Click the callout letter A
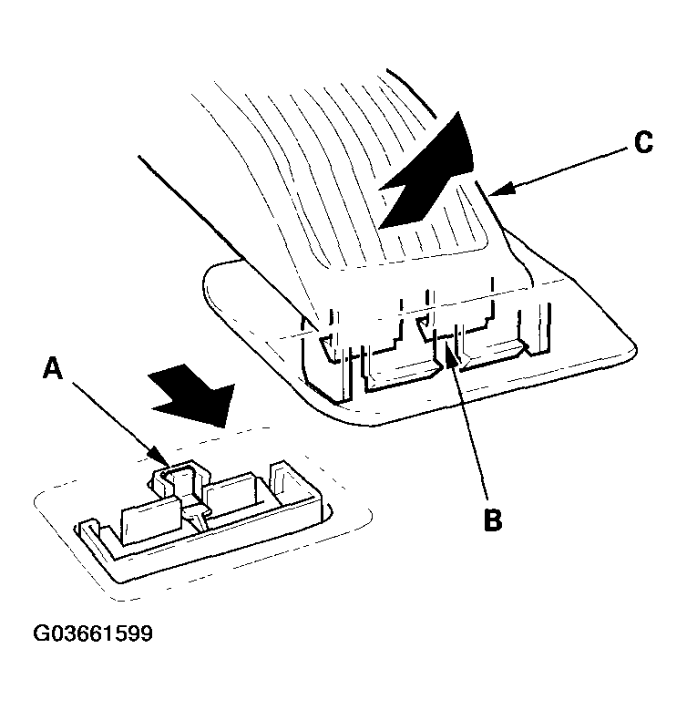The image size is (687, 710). coord(53,367)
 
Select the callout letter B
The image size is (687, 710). coord(493,520)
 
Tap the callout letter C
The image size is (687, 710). coord(643,142)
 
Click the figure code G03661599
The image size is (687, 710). coord(93,633)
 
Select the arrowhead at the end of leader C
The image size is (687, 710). coord(502,190)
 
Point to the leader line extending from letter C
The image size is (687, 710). coord(559,171)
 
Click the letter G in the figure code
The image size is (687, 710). coord(41,633)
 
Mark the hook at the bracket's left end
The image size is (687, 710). coord(89,529)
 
